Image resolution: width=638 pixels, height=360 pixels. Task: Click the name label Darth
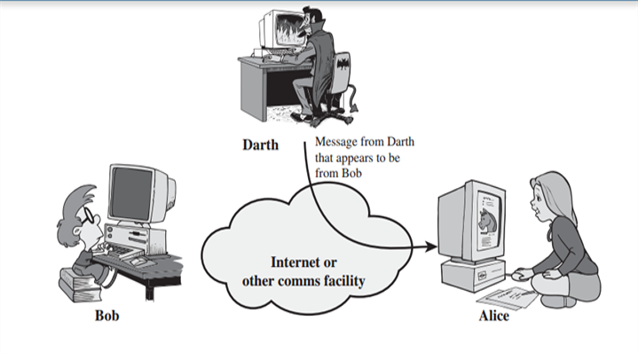click(261, 145)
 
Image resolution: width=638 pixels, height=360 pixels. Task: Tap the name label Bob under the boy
click(106, 316)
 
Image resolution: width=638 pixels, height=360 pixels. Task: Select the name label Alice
click(494, 317)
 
